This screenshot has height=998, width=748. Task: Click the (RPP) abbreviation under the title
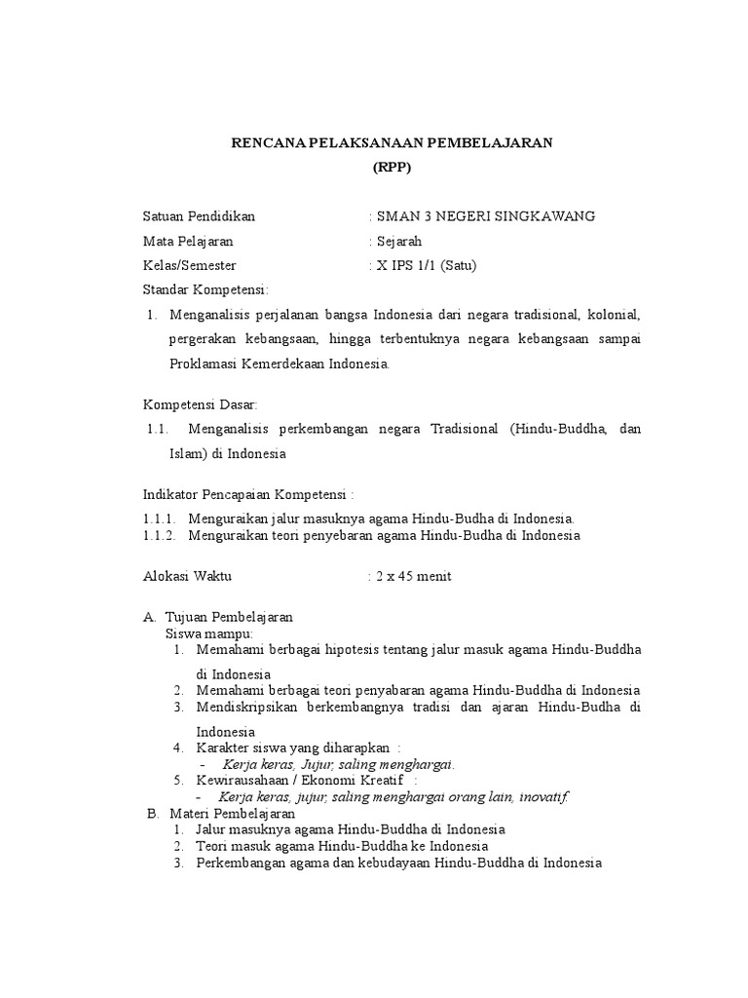(x=392, y=167)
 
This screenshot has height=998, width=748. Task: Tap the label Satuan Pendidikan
(x=200, y=216)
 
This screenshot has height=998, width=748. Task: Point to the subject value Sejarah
(x=399, y=241)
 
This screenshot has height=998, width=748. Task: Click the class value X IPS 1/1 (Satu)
(x=427, y=265)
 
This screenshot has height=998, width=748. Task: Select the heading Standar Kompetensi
(x=206, y=289)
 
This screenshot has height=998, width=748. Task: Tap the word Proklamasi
(x=206, y=364)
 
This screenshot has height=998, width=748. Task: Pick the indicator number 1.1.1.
(x=160, y=518)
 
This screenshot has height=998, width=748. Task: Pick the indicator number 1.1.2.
(x=160, y=535)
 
